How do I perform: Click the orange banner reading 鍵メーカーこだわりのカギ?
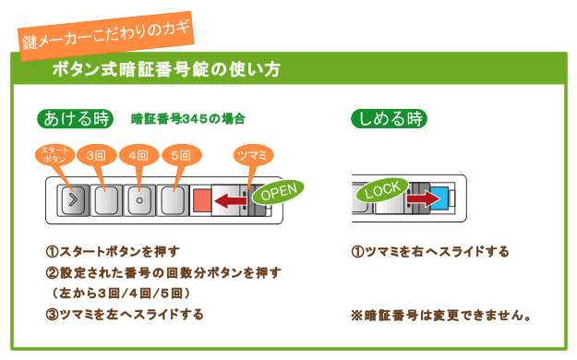(x=106, y=36)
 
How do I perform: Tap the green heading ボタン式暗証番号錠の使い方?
(x=166, y=69)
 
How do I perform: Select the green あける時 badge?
(x=75, y=119)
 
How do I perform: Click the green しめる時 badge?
(x=389, y=119)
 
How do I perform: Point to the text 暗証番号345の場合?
(x=188, y=119)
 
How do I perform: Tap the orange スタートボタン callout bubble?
(x=54, y=155)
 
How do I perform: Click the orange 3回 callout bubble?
(x=96, y=155)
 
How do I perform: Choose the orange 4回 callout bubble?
(x=138, y=155)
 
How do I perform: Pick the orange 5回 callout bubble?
(x=182, y=155)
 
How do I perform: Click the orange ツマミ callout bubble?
(x=253, y=155)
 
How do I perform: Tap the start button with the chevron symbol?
(x=73, y=200)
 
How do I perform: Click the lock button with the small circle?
(x=139, y=200)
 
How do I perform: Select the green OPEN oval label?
(x=278, y=192)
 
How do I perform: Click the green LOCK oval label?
(x=382, y=189)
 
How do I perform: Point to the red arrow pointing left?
(x=231, y=201)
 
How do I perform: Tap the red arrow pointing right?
(x=424, y=198)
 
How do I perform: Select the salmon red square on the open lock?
(x=202, y=200)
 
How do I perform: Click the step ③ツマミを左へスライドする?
(x=125, y=315)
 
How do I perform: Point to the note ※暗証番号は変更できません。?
(x=440, y=316)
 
